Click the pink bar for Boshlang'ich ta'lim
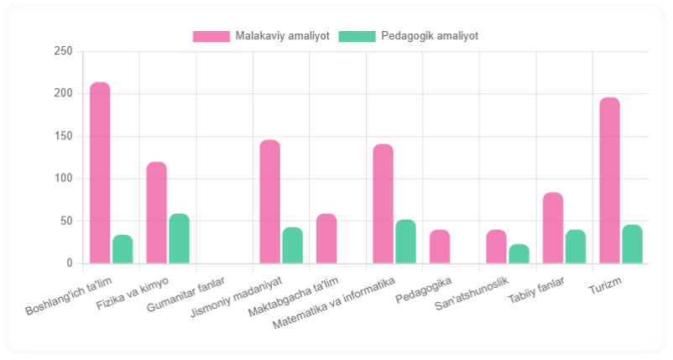click(100, 173)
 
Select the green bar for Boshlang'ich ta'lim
click(123, 249)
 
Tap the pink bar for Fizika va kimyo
click(156, 212)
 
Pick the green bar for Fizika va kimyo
click(179, 238)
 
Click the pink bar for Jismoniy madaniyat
click(269, 201)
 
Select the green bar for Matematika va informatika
click(405, 242)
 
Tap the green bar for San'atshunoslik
click(519, 253)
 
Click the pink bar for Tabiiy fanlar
click(553, 228)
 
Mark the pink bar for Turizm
click(609, 180)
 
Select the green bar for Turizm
click(632, 244)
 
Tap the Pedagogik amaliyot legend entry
click(409, 36)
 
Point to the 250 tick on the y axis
click(63, 51)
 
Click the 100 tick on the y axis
click(63, 179)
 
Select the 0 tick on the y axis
click(70, 263)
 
